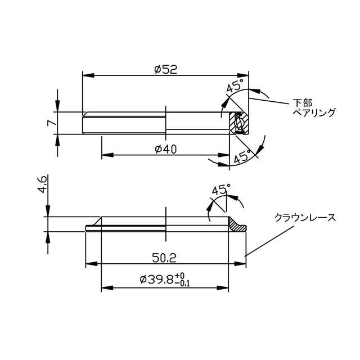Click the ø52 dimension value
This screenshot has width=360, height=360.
click(165, 69)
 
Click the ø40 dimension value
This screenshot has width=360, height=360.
click(165, 149)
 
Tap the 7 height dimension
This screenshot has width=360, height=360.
click(51, 122)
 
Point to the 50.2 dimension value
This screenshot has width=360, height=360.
click(164, 258)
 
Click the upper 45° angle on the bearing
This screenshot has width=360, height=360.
click(235, 87)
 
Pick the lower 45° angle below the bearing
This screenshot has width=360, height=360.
click(242, 158)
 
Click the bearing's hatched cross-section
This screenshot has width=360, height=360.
click(241, 123)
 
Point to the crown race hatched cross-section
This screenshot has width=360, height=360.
click(239, 226)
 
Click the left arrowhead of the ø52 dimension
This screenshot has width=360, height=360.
click(86, 75)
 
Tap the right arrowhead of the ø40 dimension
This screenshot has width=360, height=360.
click(226, 155)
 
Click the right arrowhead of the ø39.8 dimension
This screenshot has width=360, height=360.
click(227, 288)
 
